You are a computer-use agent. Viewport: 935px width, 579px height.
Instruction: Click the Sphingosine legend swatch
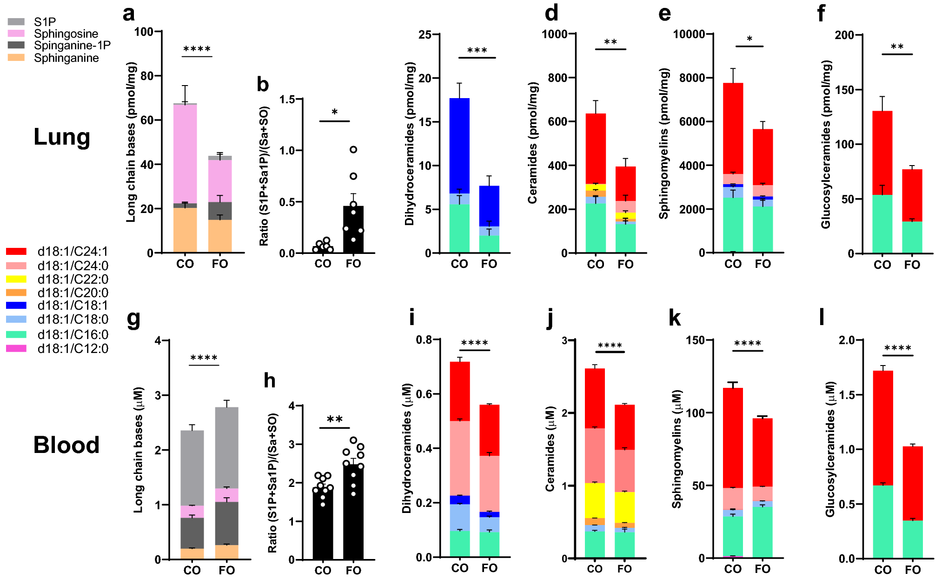(16, 33)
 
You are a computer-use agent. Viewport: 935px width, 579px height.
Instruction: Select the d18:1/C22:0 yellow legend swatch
(16, 279)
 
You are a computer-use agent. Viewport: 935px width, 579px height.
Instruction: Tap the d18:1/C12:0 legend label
(73, 348)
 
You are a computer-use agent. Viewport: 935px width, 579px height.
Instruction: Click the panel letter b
(263, 85)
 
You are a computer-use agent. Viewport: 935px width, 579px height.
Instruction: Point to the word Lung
(62, 137)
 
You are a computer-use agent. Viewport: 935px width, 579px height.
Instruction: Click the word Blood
(66, 445)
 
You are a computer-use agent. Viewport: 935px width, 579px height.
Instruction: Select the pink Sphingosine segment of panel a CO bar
(185, 153)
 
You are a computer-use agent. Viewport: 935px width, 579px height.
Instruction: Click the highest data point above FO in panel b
(353, 150)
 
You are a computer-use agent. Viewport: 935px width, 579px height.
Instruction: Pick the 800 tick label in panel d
(557, 78)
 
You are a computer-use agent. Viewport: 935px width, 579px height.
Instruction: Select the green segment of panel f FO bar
(912, 237)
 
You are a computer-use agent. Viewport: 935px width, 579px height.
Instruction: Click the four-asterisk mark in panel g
(204, 358)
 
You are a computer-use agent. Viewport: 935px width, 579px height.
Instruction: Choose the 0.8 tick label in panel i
(424, 340)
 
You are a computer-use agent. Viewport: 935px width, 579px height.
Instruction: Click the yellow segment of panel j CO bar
(595, 500)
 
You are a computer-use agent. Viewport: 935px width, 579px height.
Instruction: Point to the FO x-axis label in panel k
(763, 569)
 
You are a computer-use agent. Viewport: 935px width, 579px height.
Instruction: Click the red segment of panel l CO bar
(882, 428)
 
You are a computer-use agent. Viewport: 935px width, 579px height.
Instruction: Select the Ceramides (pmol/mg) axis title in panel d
(533, 143)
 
